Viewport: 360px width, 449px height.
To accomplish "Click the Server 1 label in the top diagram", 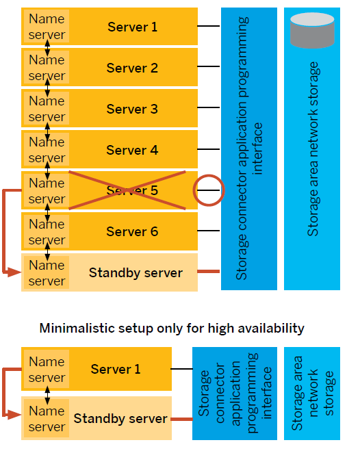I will coord(132,27).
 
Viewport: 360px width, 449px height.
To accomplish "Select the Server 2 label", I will coord(132,68).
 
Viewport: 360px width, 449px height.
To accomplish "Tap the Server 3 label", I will coord(132,109).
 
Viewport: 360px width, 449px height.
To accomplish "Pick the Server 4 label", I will coord(132,150).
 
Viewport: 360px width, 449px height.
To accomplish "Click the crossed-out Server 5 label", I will coord(132,190).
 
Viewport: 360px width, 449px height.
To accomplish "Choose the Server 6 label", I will coord(132,231).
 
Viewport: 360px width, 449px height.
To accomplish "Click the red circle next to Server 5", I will coord(209,190).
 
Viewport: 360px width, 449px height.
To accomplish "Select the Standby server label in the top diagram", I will coord(136,272).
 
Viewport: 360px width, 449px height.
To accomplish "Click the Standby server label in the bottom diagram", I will coord(120,418).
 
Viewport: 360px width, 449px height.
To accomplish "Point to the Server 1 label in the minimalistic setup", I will coord(116,369).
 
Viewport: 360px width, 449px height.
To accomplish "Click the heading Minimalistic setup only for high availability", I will coord(172,328).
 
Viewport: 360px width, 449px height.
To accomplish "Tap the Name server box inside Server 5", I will coord(47,190).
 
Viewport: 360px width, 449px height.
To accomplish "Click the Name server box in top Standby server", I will coord(47,272).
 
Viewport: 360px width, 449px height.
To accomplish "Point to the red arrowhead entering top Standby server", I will coord(17,273).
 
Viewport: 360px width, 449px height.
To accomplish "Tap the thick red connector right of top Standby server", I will coord(209,272).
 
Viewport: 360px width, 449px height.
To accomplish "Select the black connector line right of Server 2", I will coord(209,66).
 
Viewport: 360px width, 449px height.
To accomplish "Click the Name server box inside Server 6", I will coord(47,231).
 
